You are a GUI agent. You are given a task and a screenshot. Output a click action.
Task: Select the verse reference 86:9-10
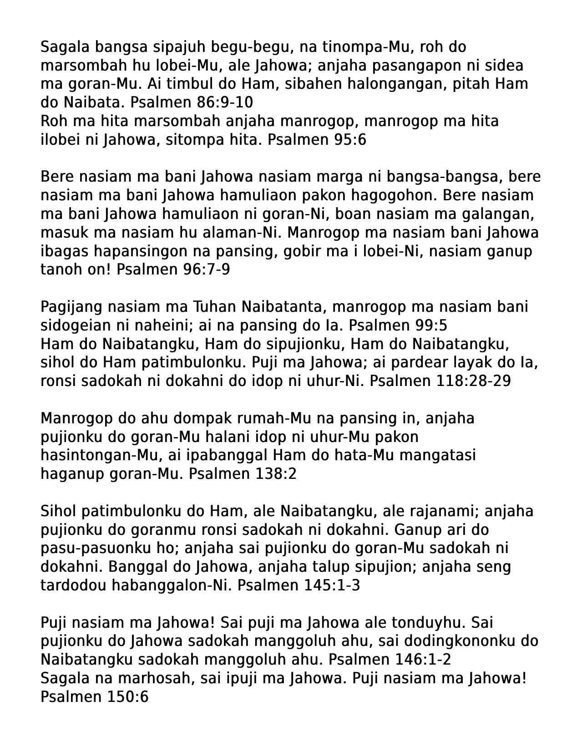(x=224, y=102)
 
